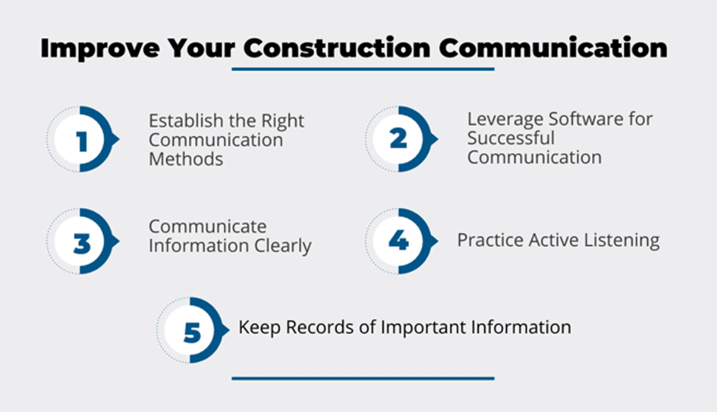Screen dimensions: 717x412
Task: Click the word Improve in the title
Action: (x=100, y=48)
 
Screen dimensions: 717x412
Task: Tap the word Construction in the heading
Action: (x=337, y=48)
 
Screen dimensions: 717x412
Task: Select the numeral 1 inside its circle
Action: (x=82, y=142)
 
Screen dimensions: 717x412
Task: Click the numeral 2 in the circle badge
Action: (x=398, y=139)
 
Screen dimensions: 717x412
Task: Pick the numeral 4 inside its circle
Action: (x=398, y=240)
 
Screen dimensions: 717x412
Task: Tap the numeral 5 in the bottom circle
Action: (x=192, y=332)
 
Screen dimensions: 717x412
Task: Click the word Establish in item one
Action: (x=187, y=121)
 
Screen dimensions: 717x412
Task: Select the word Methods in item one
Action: (x=186, y=159)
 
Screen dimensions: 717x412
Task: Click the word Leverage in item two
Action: (x=505, y=120)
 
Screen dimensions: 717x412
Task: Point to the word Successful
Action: (x=511, y=139)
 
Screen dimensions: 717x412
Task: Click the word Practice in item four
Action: (x=490, y=240)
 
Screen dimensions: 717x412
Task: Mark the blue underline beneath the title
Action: (x=363, y=70)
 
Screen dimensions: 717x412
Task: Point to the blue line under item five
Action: (x=363, y=378)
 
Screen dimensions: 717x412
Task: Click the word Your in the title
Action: (x=201, y=48)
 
